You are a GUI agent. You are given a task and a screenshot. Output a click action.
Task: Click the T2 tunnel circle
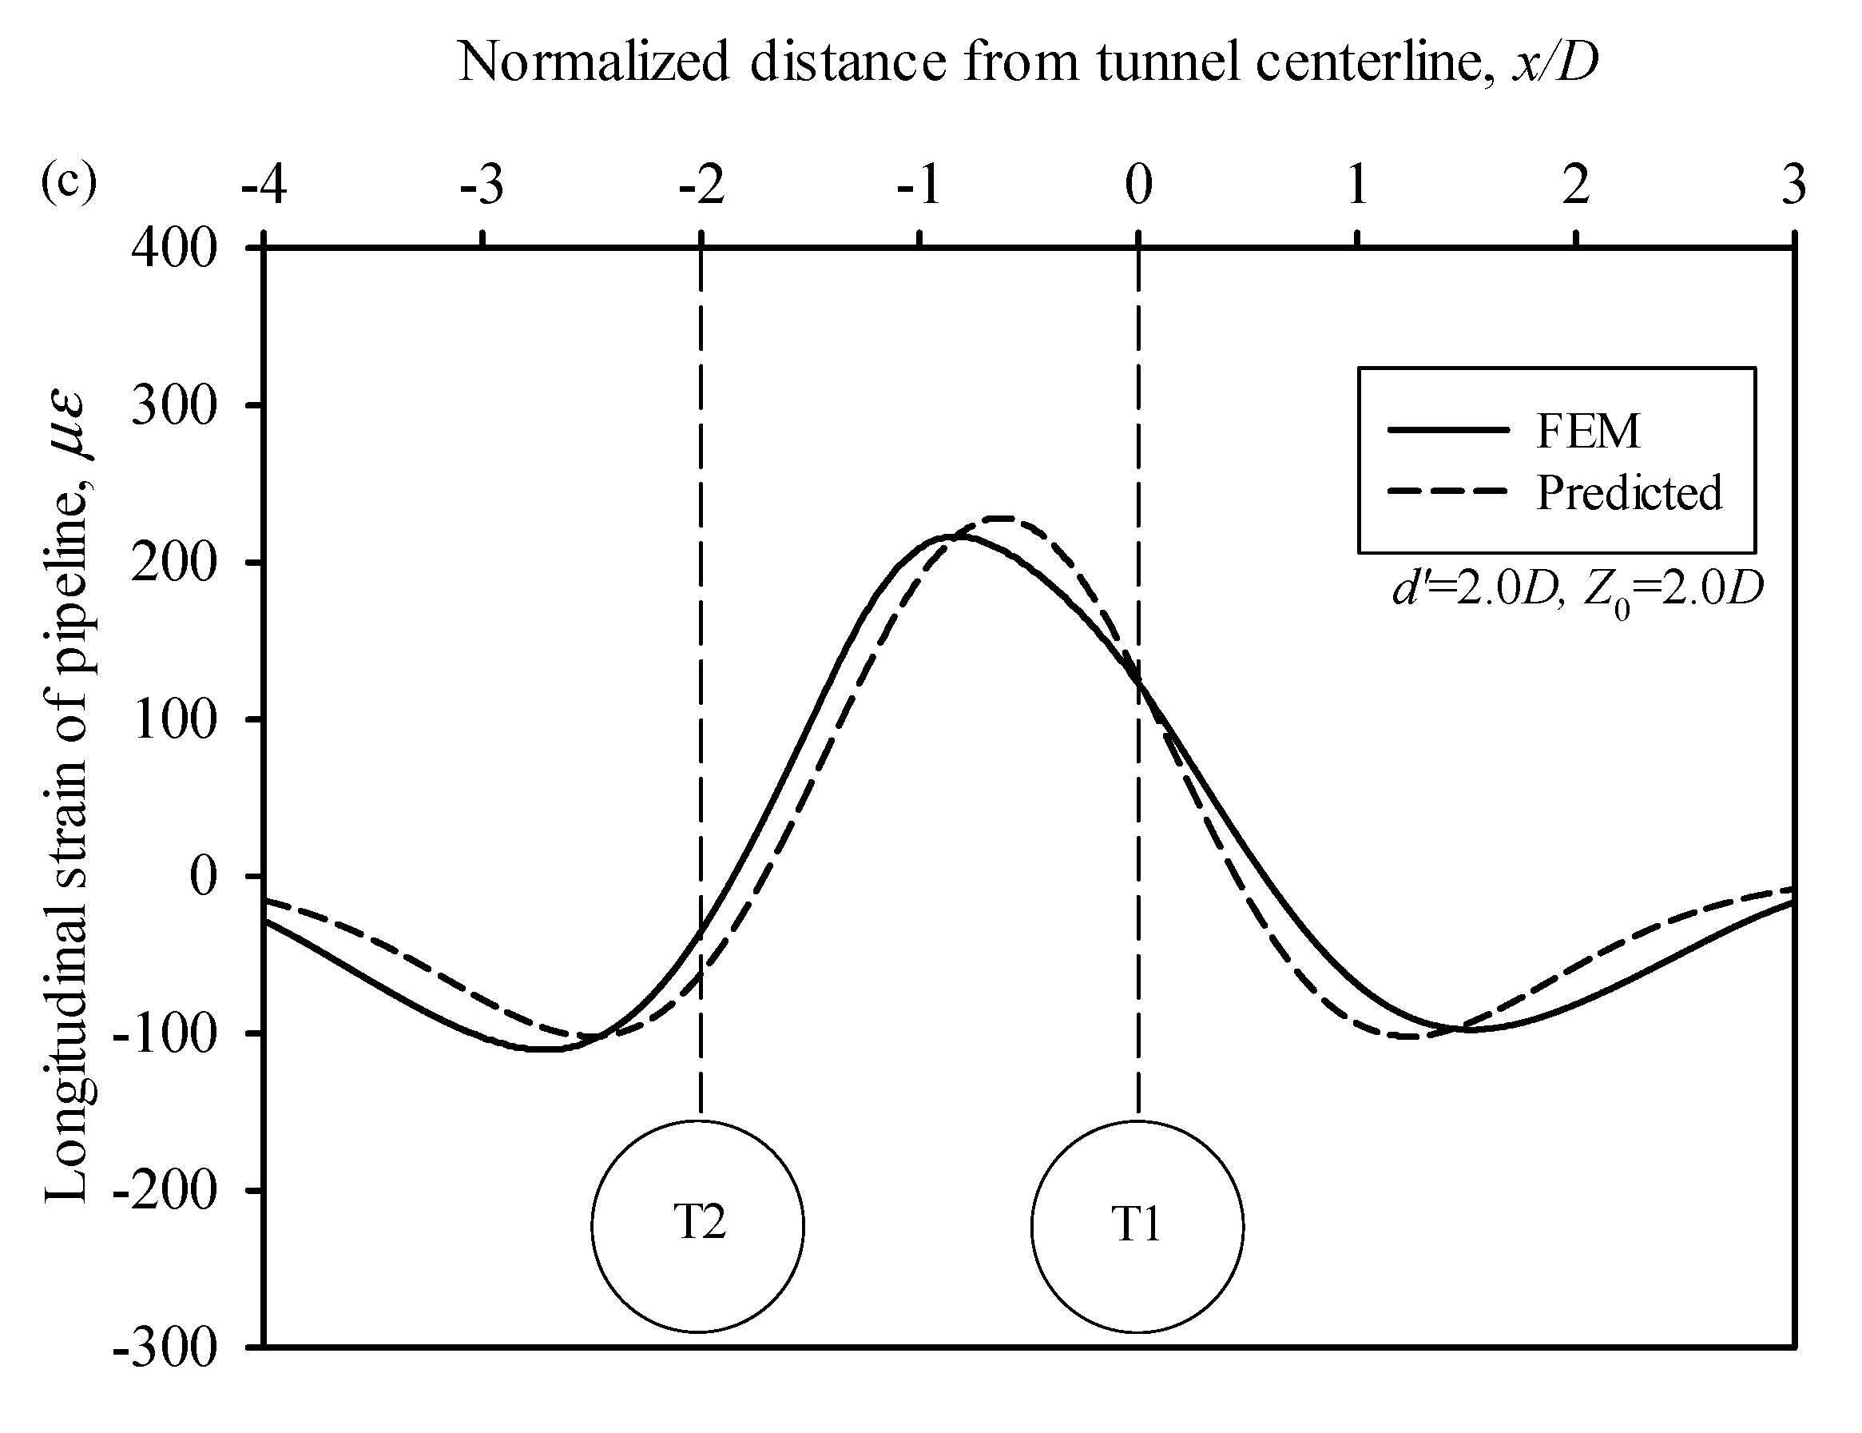(x=698, y=1226)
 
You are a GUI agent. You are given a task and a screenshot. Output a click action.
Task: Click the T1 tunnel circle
(x=1137, y=1227)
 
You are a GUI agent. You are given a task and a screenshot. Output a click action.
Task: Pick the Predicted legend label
(x=1629, y=493)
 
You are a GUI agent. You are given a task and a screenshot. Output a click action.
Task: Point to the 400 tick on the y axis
(x=174, y=250)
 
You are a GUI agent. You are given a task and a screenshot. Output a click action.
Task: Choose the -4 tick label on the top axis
(x=264, y=185)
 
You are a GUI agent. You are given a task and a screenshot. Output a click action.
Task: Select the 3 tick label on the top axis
(x=1794, y=185)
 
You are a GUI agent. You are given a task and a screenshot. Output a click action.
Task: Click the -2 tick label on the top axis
(x=701, y=185)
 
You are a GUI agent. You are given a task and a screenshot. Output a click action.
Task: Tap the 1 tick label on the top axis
(x=1357, y=185)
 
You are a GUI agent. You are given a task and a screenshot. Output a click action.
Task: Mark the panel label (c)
(x=69, y=181)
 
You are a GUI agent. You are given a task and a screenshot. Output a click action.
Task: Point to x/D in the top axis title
(x=1554, y=62)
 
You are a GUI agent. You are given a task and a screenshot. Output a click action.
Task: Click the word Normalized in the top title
(x=594, y=62)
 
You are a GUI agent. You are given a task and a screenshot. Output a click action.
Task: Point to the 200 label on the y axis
(x=174, y=563)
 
